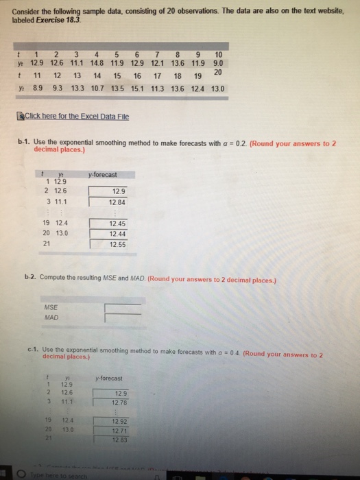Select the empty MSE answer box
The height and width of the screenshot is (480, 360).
[x=123, y=307]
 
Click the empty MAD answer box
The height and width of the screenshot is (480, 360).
[x=123, y=317]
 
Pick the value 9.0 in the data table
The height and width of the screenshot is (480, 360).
[x=219, y=62]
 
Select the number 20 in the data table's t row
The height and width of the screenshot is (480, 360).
[x=218, y=73]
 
